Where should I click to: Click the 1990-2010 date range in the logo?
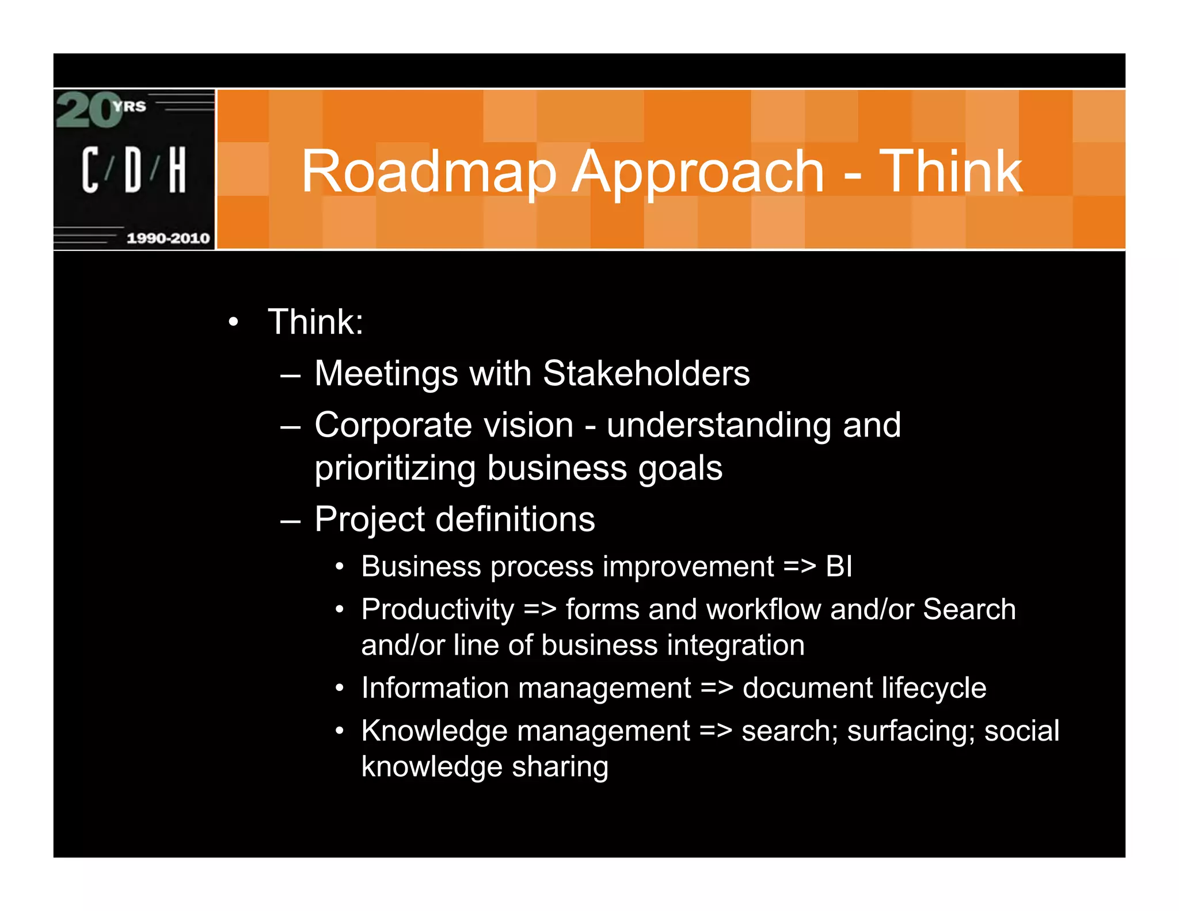pyautogui.click(x=168, y=238)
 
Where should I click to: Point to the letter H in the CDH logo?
pyautogui.click(x=177, y=169)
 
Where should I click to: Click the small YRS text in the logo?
pyautogui.click(x=130, y=107)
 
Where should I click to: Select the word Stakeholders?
pyautogui.click(x=646, y=373)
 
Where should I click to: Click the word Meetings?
pyautogui.click(x=386, y=374)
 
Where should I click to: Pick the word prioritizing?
pyautogui.click(x=395, y=468)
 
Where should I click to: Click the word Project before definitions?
pyautogui.click(x=370, y=520)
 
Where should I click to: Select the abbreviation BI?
pyautogui.click(x=839, y=567)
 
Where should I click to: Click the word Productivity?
pyautogui.click(x=438, y=610)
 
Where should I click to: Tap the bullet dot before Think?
pyautogui.click(x=233, y=322)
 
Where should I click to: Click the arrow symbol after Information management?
pyautogui.click(x=717, y=688)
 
